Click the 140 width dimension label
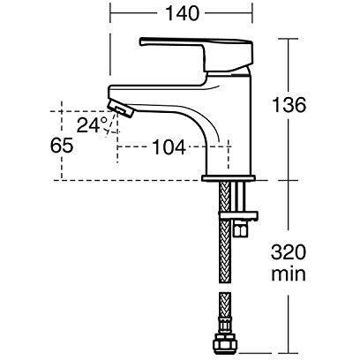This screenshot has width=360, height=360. pyautogui.click(x=183, y=13)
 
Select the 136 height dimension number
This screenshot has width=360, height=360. pyautogui.click(x=289, y=105)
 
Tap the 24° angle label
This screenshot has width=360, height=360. pyautogui.click(x=93, y=125)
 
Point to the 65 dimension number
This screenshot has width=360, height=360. pyautogui.click(x=62, y=146)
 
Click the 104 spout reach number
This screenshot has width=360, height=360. pyautogui.click(x=169, y=147)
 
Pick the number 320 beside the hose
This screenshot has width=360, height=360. pyautogui.click(x=289, y=252)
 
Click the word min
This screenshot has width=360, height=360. pyautogui.click(x=289, y=274)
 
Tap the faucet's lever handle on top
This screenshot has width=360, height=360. pyautogui.click(x=197, y=55)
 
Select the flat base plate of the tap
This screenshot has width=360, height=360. pyautogui.click(x=229, y=178)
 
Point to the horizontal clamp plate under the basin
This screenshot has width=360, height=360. pyautogui.click(x=239, y=216)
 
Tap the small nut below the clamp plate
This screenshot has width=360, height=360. pyautogui.click(x=241, y=229)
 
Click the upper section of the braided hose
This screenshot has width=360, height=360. pyautogui.click(x=226, y=232)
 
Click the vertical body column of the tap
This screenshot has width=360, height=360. pyautogui.click(x=229, y=126)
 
